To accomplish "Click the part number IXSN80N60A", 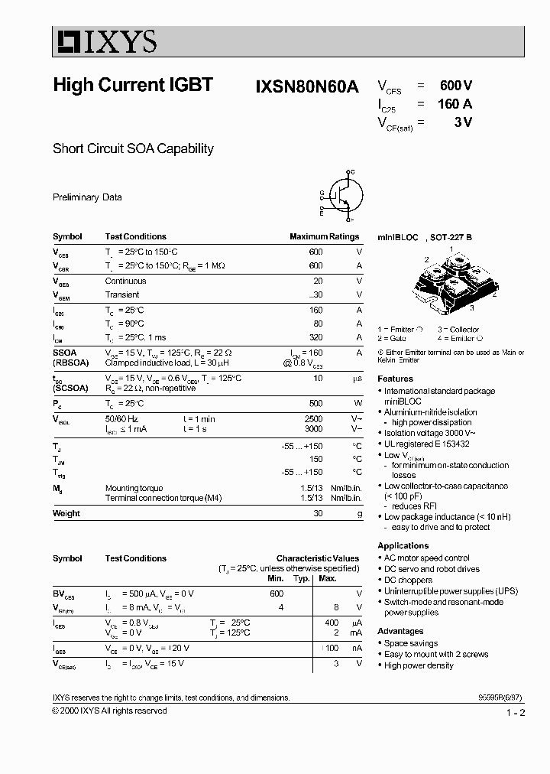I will coord(306,86).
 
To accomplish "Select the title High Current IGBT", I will coord(133,85).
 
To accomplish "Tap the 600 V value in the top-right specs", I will coord(456,86).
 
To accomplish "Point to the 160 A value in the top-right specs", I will coord(455,104).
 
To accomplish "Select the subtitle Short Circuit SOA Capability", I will coord(133,148).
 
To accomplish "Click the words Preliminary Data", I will coord(87,197).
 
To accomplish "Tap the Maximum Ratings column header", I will coord(324,237).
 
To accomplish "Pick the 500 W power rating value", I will coord(315,403).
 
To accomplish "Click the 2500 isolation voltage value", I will coord(314,418).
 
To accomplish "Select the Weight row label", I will coord(66,514).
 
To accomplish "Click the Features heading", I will coord(395,379).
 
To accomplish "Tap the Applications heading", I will coord(403,545).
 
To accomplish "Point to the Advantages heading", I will coord(400,631).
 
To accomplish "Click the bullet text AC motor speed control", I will coord(426,558).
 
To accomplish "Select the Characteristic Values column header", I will coord(317,558).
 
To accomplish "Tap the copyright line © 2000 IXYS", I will coord(109,711).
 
